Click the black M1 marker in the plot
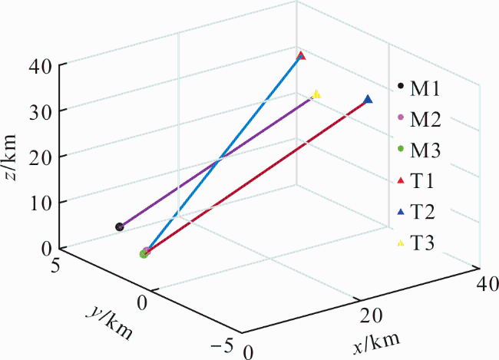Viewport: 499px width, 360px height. (x=119, y=227)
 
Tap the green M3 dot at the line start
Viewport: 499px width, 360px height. (x=144, y=253)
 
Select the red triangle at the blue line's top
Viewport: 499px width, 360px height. (x=301, y=56)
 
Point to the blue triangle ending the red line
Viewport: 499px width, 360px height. (x=368, y=99)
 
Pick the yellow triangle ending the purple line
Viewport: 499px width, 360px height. (x=316, y=94)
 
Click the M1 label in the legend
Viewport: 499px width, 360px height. (x=425, y=88)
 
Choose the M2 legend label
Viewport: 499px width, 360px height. (x=425, y=119)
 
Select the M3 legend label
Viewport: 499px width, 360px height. (x=425, y=150)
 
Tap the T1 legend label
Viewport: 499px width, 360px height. (x=422, y=181)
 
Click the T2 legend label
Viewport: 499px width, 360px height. (x=422, y=212)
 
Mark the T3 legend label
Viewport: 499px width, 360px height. (x=422, y=243)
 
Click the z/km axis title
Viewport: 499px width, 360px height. (x=11, y=157)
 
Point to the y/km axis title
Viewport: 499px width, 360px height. (x=109, y=322)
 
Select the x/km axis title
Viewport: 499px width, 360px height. (x=376, y=343)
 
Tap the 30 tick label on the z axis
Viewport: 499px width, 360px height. (x=40, y=111)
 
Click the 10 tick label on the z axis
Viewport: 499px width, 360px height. (x=41, y=203)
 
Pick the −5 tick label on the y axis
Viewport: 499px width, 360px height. (x=222, y=345)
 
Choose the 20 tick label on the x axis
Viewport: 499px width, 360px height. (x=372, y=316)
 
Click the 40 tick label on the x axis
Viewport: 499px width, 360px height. (x=487, y=283)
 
